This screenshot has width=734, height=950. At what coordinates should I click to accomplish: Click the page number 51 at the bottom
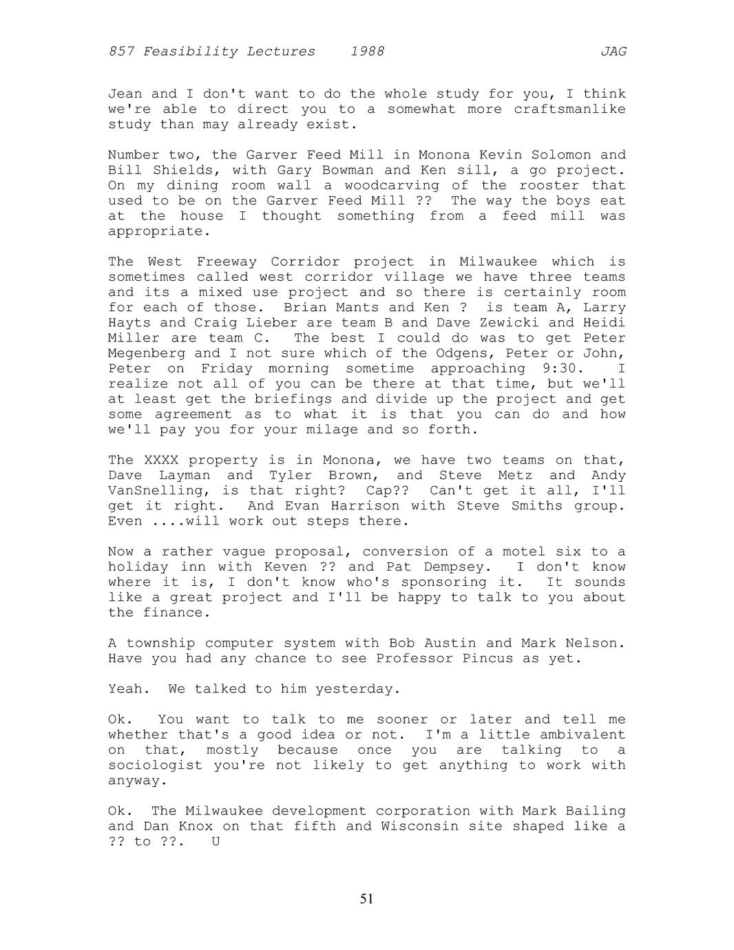pyautogui.click(x=366, y=898)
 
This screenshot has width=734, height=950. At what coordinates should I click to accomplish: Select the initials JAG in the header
pyautogui.click(x=613, y=52)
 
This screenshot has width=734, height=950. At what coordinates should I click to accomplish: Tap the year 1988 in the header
pyautogui.click(x=367, y=52)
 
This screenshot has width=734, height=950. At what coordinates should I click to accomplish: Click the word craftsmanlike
pyautogui.click(x=569, y=109)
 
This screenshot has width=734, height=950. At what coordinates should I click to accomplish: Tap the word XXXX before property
pyautogui.click(x=160, y=461)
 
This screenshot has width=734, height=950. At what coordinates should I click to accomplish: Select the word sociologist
pyautogui.click(x=155, y=766)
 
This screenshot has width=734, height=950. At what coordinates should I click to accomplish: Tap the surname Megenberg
pyautogui.click(x=146, y=354)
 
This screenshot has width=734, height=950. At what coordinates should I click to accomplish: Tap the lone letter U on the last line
pyautogui.click(x=216, y=842)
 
